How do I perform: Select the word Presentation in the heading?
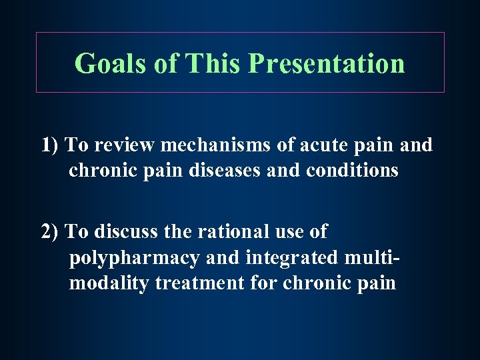[x=326, y=63]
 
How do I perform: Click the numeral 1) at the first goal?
[x=51, y=145]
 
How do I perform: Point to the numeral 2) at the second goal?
[x=51, y=231]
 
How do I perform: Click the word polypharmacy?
[x=134, y=258]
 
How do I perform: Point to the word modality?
[x=109, y=283]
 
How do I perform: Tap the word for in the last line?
[x=264, y=283]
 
